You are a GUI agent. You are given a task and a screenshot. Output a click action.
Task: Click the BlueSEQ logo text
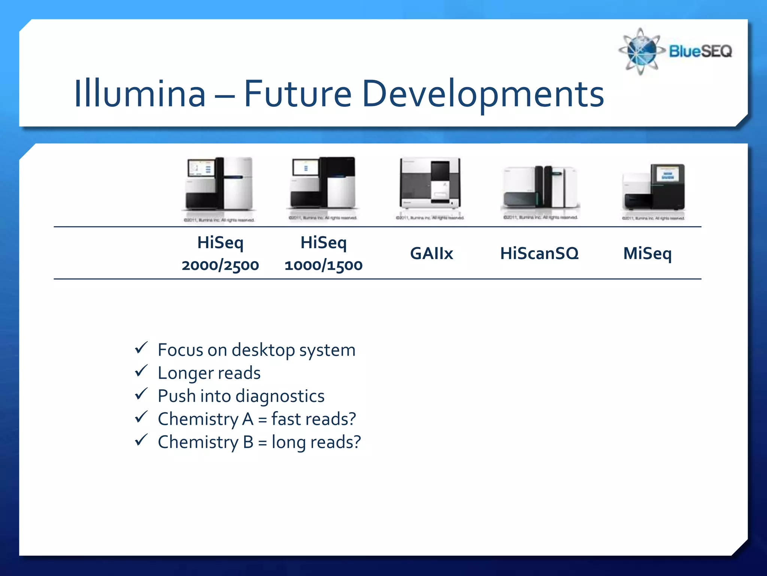700,51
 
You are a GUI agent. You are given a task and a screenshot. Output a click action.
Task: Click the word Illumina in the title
140,93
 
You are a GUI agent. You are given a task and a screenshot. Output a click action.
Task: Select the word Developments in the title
483,94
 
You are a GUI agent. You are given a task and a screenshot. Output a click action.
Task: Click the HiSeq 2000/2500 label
220,253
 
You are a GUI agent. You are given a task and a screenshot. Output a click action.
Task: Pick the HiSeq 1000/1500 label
324,253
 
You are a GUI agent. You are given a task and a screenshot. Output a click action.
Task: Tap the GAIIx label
431,253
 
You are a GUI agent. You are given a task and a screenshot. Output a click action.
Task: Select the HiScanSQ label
539,253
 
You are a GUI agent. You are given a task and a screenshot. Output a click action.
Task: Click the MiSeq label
647,253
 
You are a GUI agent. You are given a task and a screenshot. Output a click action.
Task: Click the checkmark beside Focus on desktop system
141,348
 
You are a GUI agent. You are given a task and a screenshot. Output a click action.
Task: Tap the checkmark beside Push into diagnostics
141,394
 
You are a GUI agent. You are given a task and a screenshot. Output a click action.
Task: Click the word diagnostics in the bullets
280,396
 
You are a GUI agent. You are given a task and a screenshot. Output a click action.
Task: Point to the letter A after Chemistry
248,419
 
